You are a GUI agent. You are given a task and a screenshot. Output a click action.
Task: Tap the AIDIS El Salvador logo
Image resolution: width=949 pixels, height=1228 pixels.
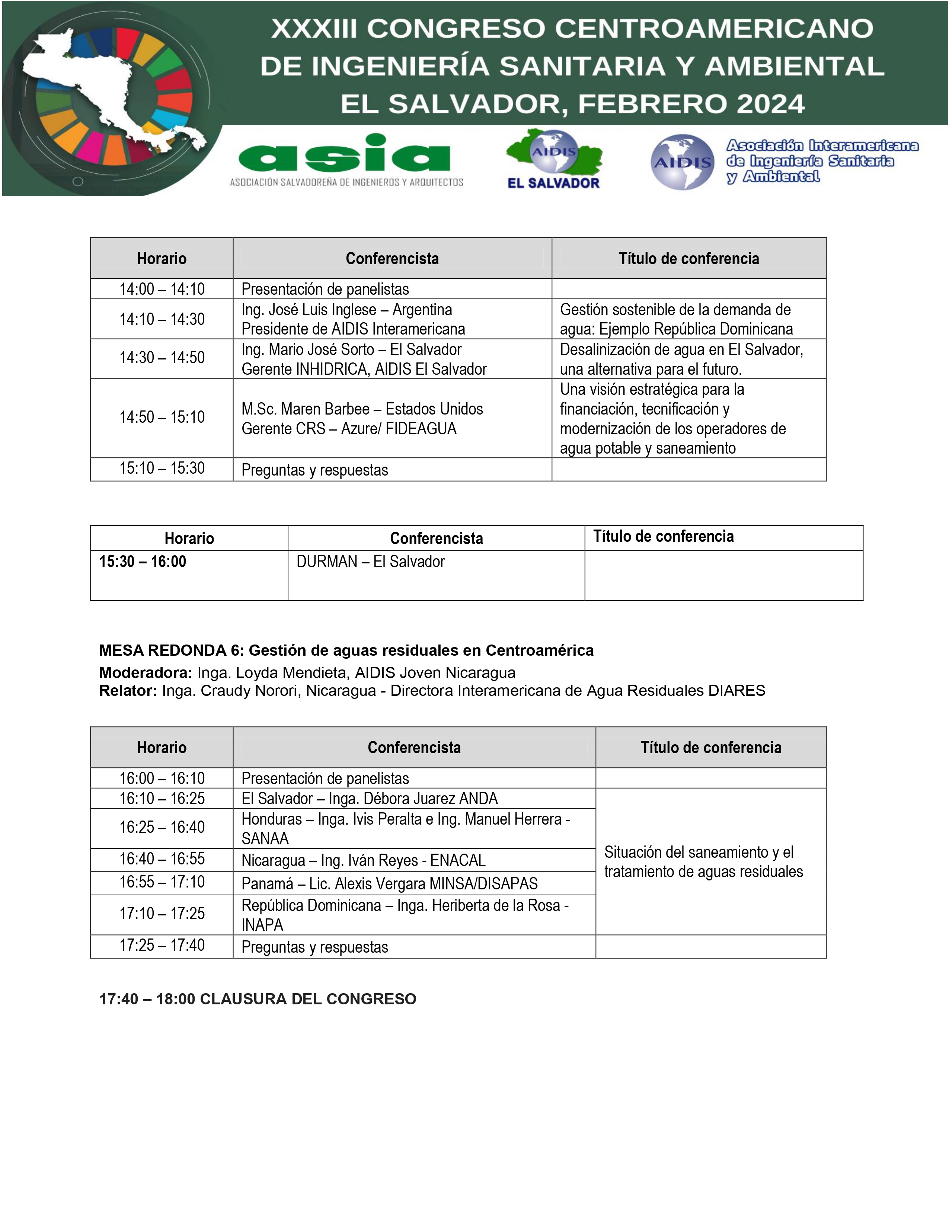tap(554, 159)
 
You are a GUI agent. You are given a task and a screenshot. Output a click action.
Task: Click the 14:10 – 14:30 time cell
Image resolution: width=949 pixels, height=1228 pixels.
tap(162, 319)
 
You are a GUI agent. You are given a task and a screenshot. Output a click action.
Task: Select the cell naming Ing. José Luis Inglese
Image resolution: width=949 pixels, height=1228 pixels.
tap(353, 319)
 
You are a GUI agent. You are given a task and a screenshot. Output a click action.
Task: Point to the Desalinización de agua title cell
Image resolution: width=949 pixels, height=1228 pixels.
tap(681, 359)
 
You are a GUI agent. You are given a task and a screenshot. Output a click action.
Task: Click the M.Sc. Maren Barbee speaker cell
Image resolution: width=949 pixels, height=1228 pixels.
tap(362, 418)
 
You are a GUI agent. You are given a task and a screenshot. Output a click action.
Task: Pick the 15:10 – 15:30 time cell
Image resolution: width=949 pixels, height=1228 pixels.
tap(162, 469)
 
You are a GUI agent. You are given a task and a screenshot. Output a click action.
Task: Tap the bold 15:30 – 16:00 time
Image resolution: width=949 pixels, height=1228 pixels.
tap(143, 561)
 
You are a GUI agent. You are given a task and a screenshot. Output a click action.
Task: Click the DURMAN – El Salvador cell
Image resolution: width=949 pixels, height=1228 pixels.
tap(371, 561)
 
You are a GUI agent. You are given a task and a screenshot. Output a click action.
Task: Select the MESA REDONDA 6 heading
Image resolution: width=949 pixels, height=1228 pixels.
tap(346, 650)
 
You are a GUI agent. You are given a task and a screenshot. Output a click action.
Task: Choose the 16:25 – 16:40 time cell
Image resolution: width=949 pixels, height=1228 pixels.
tap(162, 827)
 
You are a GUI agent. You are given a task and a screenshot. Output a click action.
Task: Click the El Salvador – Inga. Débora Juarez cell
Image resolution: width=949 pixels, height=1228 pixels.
tap(370, 799)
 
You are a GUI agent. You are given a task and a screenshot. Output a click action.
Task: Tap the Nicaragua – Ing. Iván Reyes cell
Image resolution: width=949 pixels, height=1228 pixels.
tap(363, 860)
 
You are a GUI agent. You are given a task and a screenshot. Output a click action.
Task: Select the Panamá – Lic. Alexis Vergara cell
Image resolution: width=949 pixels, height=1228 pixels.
tap(389, 883)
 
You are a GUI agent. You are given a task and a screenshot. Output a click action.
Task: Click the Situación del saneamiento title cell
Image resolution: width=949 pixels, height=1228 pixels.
tap(703, 861)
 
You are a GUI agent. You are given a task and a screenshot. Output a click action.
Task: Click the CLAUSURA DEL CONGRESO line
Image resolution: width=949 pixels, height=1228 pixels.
tap(258, 999)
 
